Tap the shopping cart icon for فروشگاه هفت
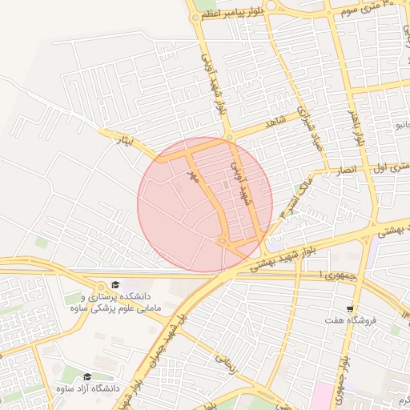[350, 309]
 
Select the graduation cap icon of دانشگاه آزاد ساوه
[87, 376]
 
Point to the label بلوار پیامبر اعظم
[232, 14]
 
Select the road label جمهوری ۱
[312, 275]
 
